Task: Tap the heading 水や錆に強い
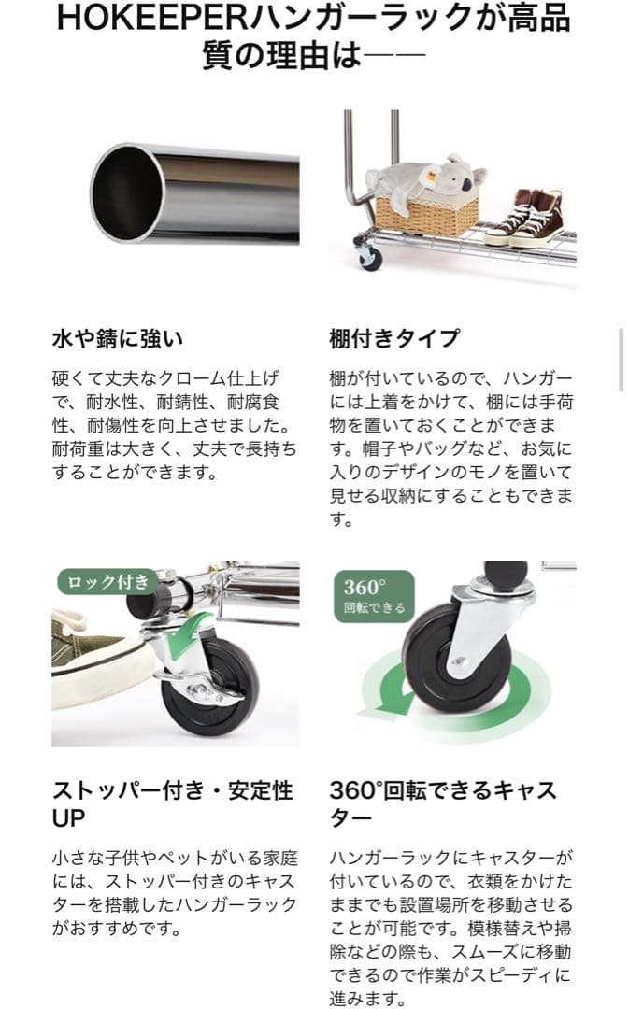click(117, 337)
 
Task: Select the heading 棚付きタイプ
click(394, 337)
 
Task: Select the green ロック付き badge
click(105, 583)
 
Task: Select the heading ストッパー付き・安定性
click(172, 790)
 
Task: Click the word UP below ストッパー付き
click(68, 818)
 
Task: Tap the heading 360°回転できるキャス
click(443, 790)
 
